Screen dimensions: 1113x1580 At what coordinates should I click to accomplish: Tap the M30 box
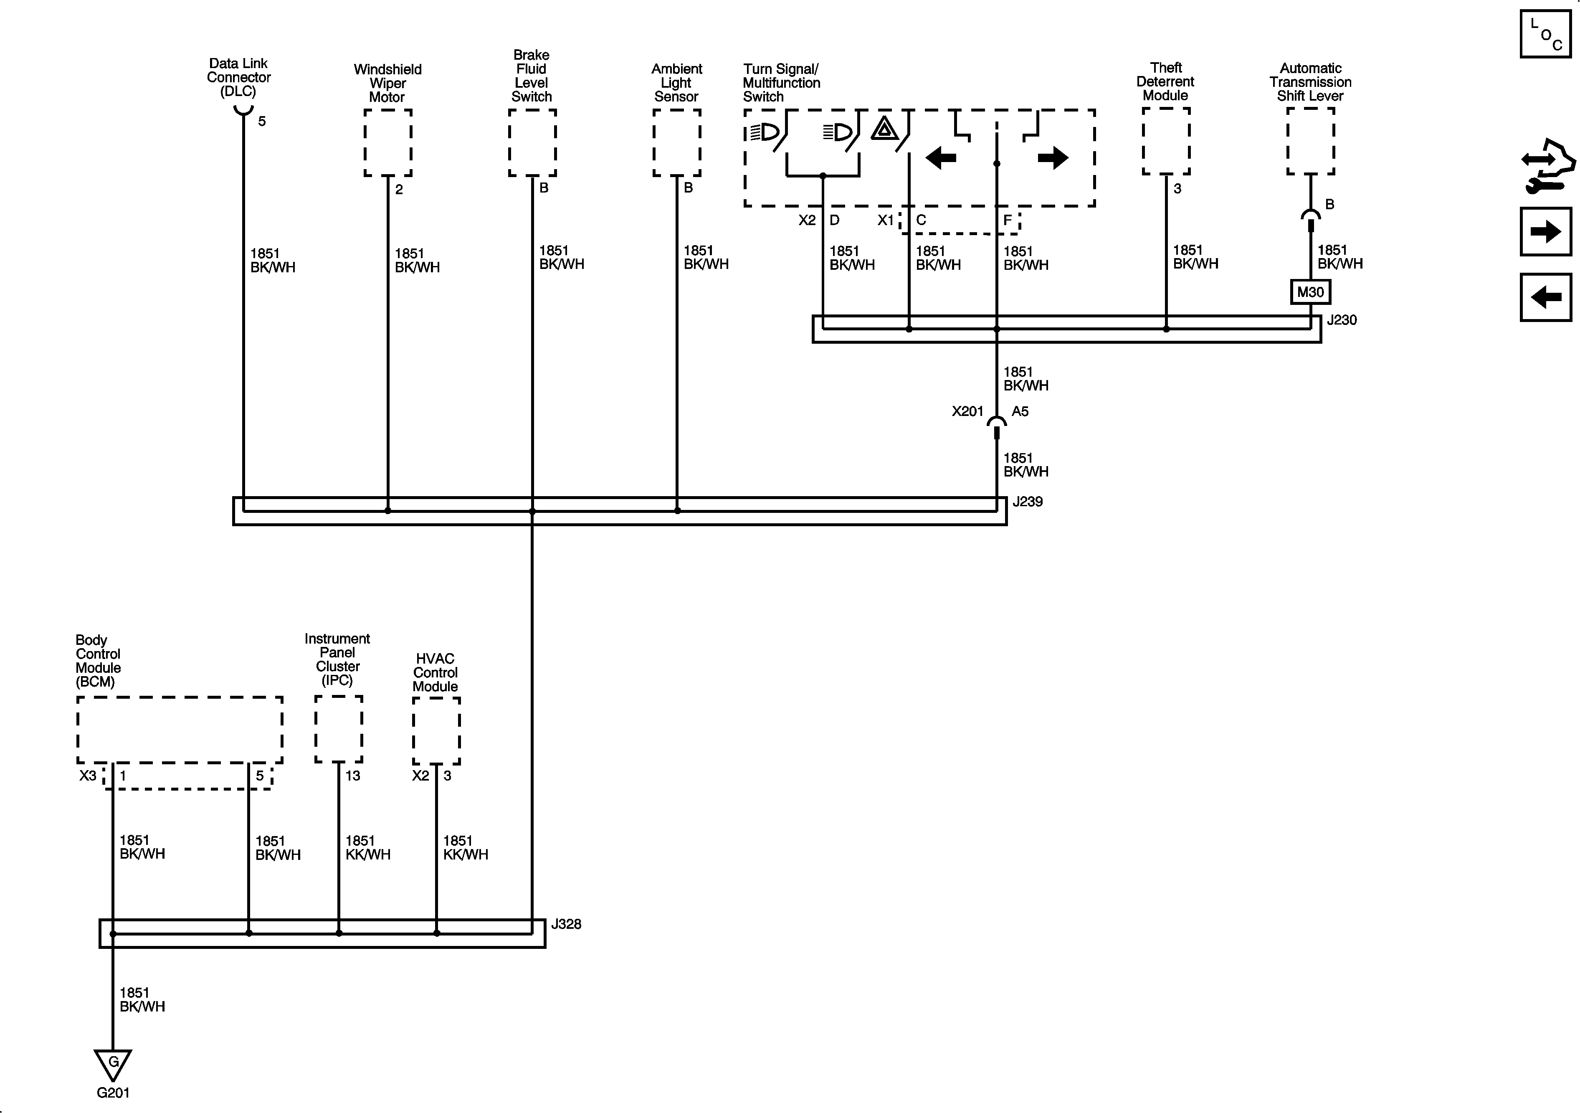[1310, 292]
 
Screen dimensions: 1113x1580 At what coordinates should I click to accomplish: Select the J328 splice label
[566, 924]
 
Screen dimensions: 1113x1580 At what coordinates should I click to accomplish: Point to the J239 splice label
[1028, 502]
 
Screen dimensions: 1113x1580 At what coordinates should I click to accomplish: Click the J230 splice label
[1341, 320]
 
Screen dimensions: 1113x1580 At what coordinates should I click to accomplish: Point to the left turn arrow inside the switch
[941, 157]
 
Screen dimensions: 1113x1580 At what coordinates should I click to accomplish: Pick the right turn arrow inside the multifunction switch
[1052, 157]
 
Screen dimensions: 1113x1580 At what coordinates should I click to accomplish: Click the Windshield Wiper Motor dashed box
[388, 142]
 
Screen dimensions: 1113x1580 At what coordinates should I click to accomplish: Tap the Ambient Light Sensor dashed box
[676, 142]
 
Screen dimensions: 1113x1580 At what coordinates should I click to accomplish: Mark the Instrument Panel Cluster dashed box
[339, 729]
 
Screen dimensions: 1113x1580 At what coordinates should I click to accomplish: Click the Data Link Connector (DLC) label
[239, 77]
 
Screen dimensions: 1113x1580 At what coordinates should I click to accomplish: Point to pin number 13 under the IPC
[352, 776]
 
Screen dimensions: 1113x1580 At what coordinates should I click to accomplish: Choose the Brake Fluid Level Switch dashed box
[532, 142]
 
